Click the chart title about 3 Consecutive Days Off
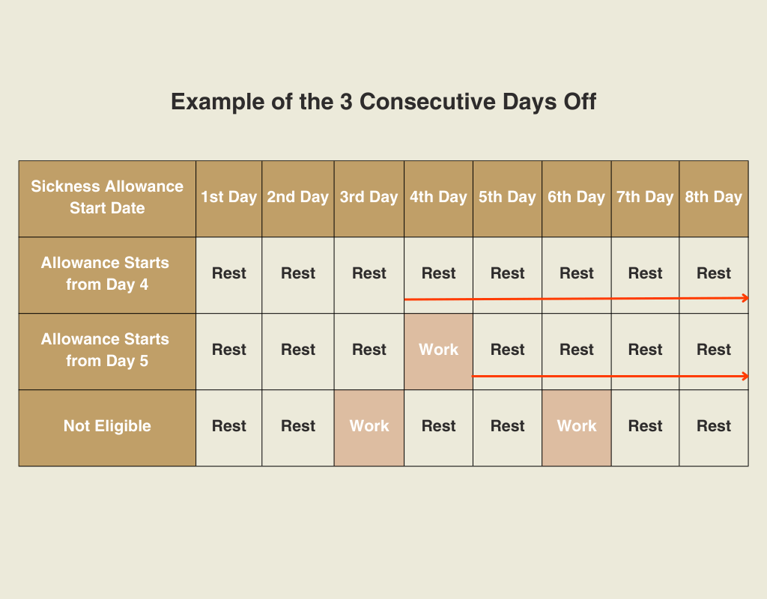[x=383, y=102]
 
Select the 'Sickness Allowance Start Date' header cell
[x=107, y=199]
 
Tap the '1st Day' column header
[x=229, y=199]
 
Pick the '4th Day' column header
[x=438, y=199]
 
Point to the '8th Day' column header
[x=714, y=199]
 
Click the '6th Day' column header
[x=576, y=199]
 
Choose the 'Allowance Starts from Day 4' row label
[x=107, y=276]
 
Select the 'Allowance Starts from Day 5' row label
[x=107, y=352]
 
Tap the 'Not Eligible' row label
[x=107, y=428]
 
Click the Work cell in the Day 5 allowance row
[x=438, y=352]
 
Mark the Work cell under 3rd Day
[x=369, y=428]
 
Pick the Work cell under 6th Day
[x=576, y=428]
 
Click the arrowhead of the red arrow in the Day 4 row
[x=746, y=298]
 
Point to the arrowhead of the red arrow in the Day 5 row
[x=746, y=376]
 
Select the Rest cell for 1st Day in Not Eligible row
[x=229, y=428]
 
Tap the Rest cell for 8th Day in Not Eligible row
[x=714, y=428]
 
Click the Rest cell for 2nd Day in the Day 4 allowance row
[x=298, y=276]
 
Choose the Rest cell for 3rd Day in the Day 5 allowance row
[x=369, y=352]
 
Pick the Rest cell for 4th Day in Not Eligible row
[x=438, y=428]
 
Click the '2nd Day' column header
[x=298, y=199]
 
